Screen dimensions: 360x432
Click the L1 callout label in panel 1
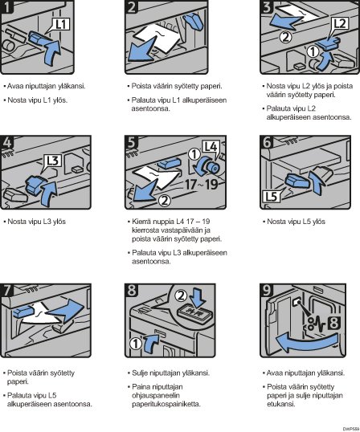(x=61, y=24)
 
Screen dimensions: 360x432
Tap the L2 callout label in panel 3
(x=340, y=24)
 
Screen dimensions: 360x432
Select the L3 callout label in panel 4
(x=53, y=161)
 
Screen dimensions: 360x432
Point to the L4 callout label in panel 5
(x=211, y=147)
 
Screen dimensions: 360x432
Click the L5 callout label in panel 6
(x=271, y=196)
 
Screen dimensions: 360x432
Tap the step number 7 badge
(x=6, y=291)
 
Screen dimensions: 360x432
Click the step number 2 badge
(x=131, y=6)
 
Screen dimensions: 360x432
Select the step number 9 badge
(x=267, y=291)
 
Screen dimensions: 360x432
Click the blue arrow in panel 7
(x=65, y=311)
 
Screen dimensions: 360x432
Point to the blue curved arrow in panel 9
(x=306, y=341)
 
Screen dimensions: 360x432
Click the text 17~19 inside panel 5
(x=201, y=184)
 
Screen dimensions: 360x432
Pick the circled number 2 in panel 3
(x=285, y=37)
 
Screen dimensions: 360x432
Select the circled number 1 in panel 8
(x=136, y=344)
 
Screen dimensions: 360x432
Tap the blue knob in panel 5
(x=211, y=166)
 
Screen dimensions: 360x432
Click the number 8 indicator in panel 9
(x=333, y=323)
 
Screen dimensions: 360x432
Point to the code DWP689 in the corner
(x=351, y=429)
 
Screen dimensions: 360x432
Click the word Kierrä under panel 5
(x=139, y=222)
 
